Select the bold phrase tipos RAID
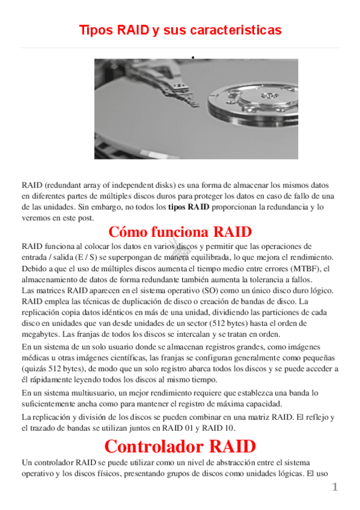tap(189, 207)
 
